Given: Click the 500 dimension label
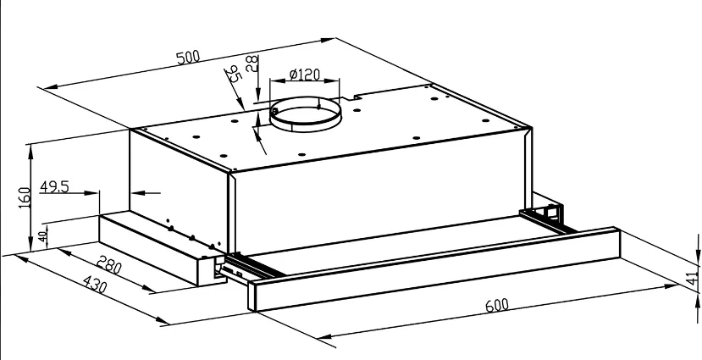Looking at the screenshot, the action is click(x=188, y=58).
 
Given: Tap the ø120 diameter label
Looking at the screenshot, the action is click(x=305, y=74).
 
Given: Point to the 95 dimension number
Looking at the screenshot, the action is click(x=233, y=74).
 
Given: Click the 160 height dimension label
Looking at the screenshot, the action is click(x=25, y=197).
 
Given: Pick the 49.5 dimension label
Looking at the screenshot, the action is click(x=55, y=186).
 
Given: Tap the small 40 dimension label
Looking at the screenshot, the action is click(x=42, y=235).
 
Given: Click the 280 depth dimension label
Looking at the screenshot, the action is click(x=110, y=265).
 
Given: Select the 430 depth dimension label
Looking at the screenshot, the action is click(x=95, y=284).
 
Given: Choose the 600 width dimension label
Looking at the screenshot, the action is click(x=497, y=305).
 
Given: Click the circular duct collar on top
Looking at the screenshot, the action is click(x=306, y=114).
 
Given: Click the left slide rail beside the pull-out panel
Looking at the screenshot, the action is click(x=248, y=268).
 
